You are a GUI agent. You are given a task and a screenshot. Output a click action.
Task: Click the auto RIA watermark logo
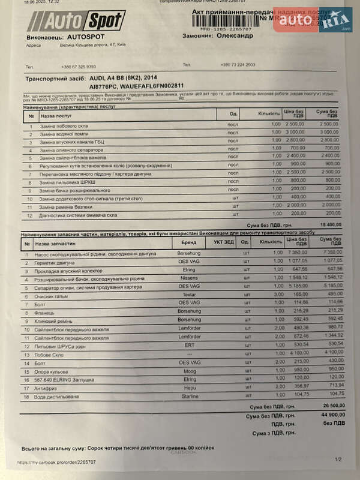[312, 20]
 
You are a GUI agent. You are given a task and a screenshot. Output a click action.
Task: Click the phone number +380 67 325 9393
[78, 67]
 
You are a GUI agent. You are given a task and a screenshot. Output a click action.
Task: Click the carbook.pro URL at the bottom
[56, 462]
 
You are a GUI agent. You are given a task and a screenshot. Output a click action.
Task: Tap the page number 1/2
[337, 459]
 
